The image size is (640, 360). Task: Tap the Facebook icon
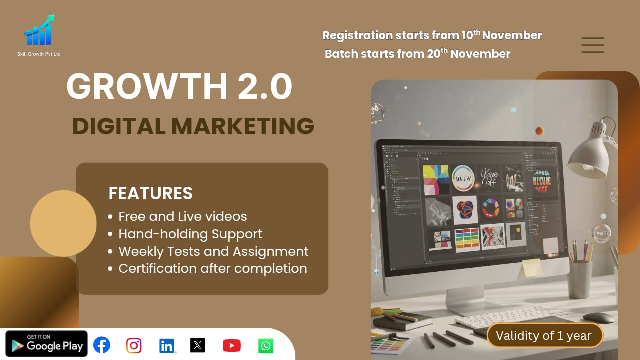[x=102, y=345]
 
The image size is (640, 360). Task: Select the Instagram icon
[x=134, y=345]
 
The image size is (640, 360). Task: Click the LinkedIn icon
[x=167, y=345]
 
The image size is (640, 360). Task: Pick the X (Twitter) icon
[x=198, y=345]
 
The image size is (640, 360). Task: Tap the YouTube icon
[x=231, y=345]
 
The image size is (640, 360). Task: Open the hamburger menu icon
[x=593, y=45]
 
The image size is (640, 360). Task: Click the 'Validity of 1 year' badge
[x=545, y=336]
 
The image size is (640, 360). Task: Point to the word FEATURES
[x=150, y=193]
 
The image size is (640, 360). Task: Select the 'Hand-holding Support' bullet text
[x=190, y=234]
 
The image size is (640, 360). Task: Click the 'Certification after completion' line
[x=213, y=268]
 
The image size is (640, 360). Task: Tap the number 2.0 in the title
[x=265, y=87]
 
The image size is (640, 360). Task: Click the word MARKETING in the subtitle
[x=243, y=126]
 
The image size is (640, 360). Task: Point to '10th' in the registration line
[x=470, y=35]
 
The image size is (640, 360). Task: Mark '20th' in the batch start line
[x=437, y=54]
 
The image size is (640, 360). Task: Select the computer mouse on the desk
[x=598, y=317]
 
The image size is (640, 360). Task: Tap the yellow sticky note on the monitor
[x=531, y=267]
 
